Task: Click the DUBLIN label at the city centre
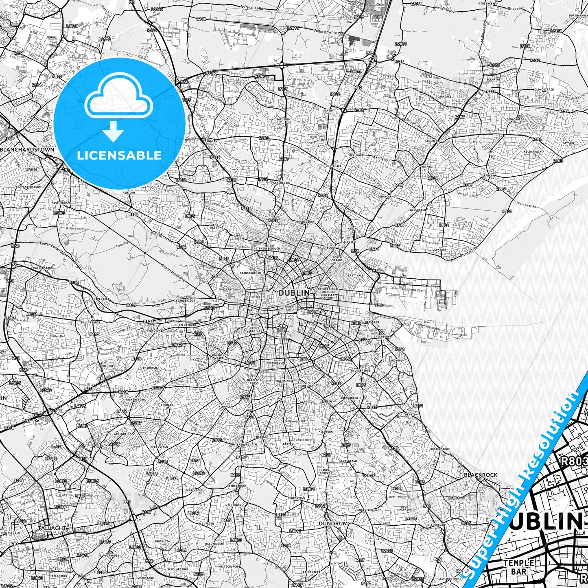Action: click(294, 293)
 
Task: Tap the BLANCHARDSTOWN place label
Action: click(28, 149)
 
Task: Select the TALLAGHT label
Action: click(52, 528)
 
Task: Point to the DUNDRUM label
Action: click(333, 523)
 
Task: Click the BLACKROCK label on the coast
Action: click(481, 475)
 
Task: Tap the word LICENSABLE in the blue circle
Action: click(119, 155)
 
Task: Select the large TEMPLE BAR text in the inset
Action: click(518, 567)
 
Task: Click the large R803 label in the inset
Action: click(574, 461)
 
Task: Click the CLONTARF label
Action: click(439, 249)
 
